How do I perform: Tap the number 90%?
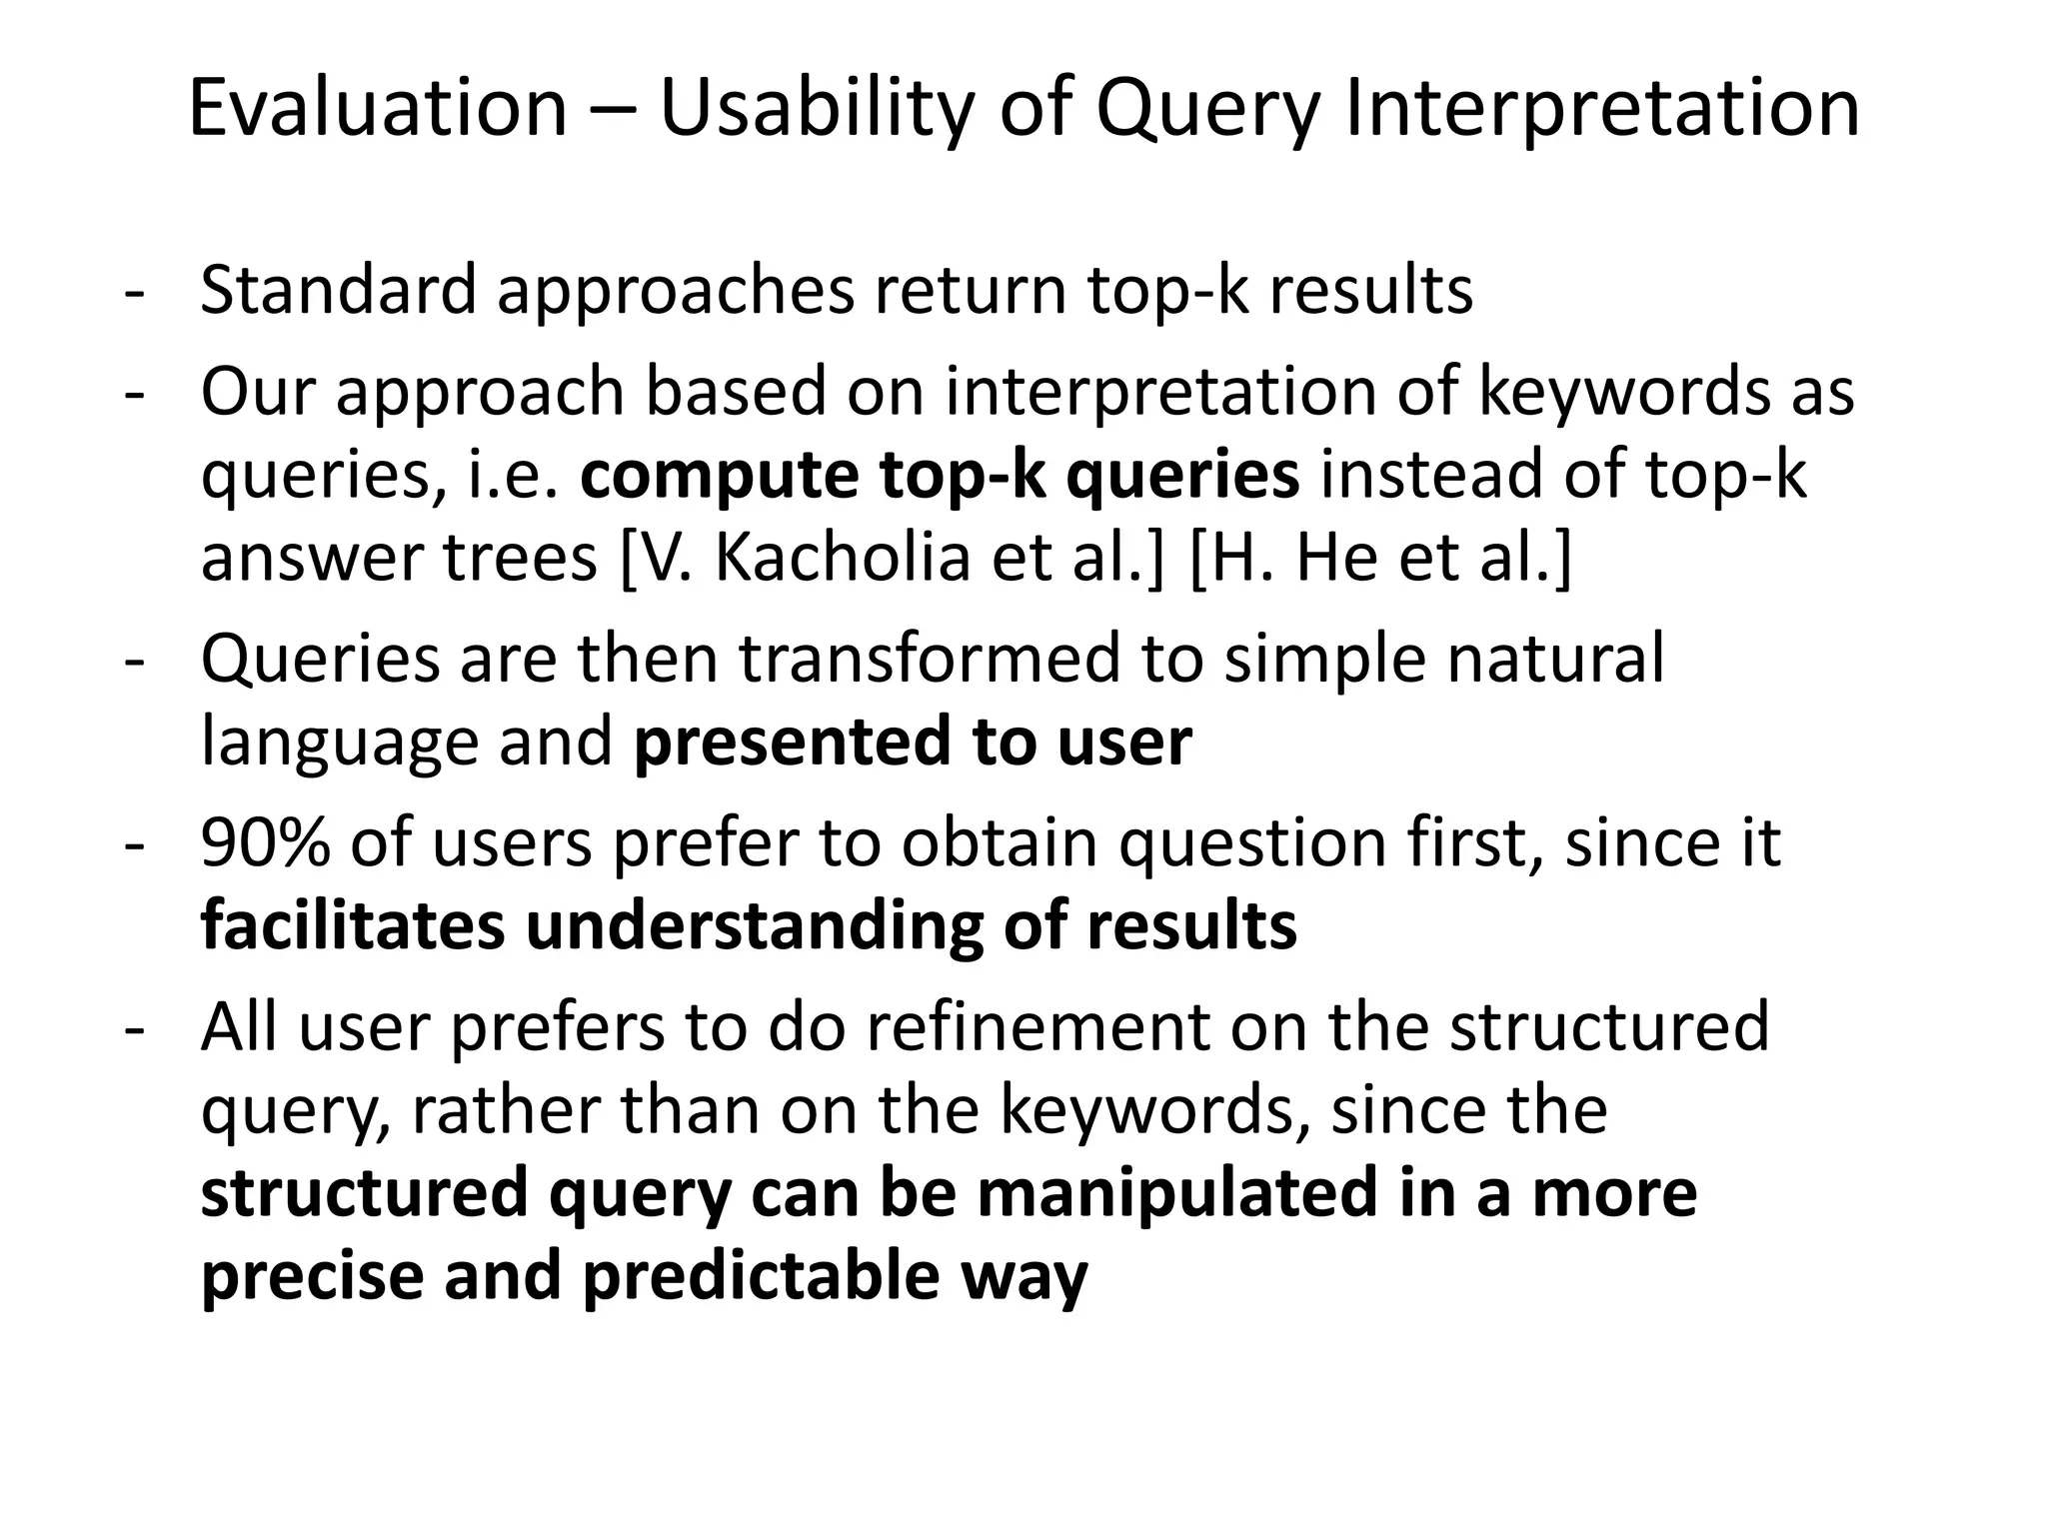click(265, 842)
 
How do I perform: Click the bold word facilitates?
click(353, 925)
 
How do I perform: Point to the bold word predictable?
click(761, 1276)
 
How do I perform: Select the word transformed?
click(929, 658)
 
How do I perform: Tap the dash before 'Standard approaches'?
click(133, 291)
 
